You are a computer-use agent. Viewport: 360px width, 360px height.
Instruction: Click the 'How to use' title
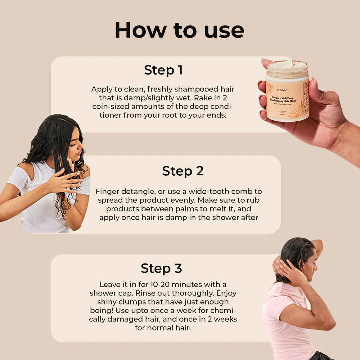(179, 30)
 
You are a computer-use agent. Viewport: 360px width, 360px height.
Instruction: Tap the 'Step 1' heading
(163, 70)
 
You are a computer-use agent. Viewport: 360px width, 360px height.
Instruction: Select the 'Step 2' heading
(183, 171)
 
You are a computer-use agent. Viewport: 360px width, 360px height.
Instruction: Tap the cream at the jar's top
(287, 64)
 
